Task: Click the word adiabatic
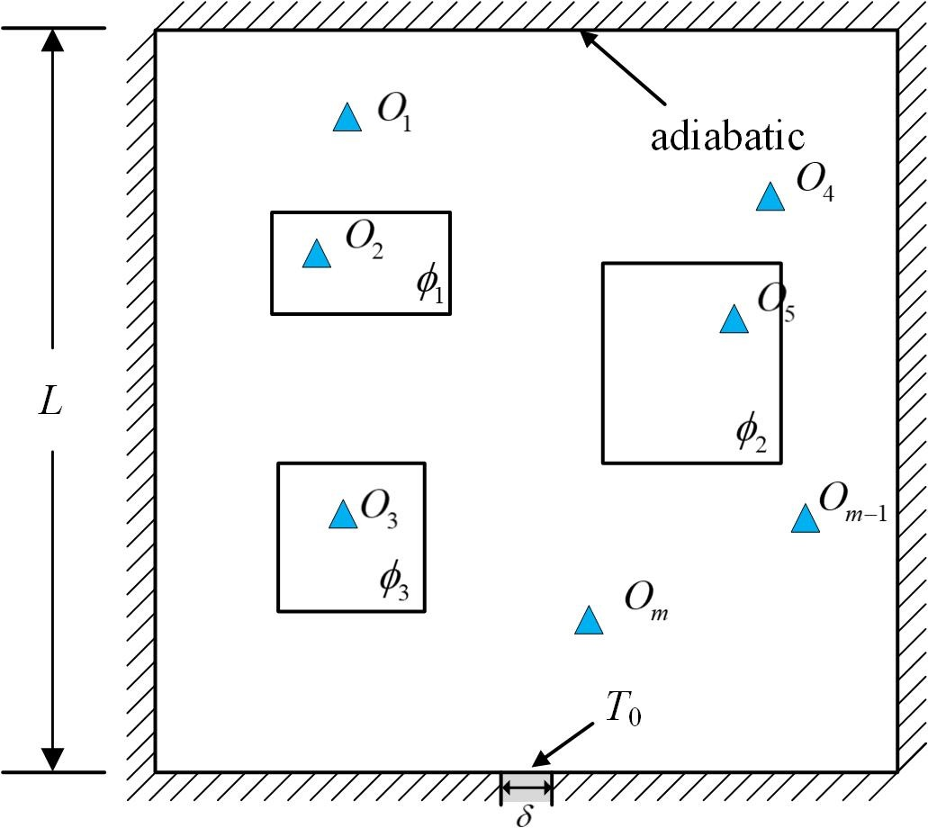click(x=727, y=137)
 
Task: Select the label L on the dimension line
click(x=50, y=401)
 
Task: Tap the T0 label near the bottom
click(x=623, y=710)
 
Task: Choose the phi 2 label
click(x=751, y=434)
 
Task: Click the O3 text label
click(x=379, y=510)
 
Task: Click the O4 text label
click(x=815, y=182)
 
